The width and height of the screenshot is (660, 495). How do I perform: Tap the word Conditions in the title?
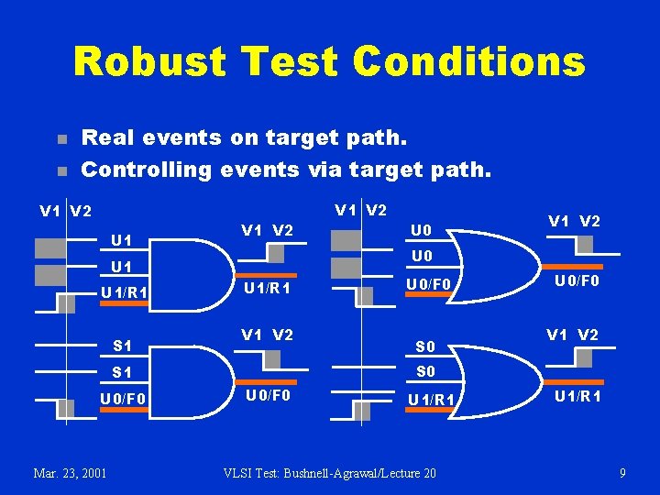(x=468, y=62)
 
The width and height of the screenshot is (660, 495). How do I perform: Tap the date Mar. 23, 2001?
(x=70, y=473)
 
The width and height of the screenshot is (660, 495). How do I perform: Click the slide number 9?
(x=622, y=473)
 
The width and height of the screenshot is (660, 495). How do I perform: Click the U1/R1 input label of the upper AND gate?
(x=126, y=293)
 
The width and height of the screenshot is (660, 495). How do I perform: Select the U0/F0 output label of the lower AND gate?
(x=267, y=395)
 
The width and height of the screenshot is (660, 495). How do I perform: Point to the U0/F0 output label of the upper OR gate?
(x=576, y=281)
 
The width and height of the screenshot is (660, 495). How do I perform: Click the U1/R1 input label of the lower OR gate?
(x=429, y=399)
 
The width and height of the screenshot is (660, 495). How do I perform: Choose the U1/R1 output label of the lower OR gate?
(x=577, y=395)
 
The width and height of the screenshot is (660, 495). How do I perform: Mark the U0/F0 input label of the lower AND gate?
(x=124, y=399)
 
